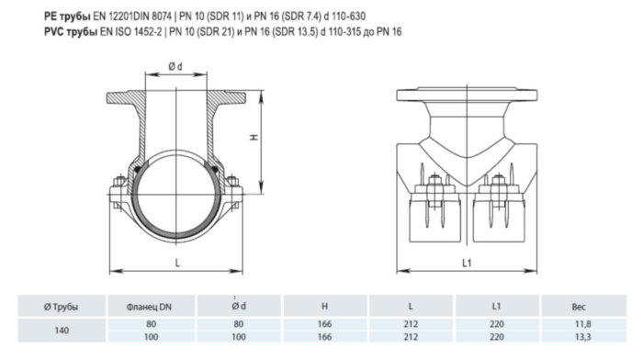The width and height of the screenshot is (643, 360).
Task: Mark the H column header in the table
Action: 325,307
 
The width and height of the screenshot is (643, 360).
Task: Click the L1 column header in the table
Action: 496,307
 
